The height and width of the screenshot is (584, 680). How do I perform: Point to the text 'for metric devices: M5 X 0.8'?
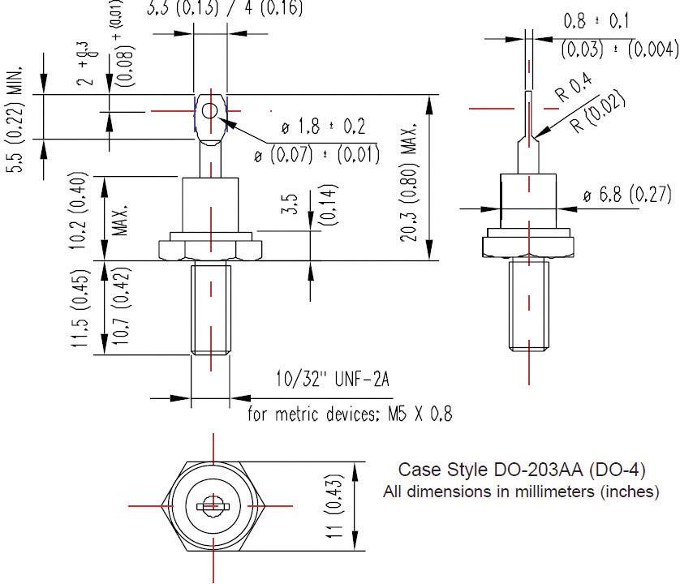(x=350, y=414)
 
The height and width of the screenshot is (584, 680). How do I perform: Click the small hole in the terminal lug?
(x=209, y=111)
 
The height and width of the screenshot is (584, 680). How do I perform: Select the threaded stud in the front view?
(x=211, y=308)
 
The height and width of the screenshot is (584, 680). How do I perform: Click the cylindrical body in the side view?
(x=529, y=203)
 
